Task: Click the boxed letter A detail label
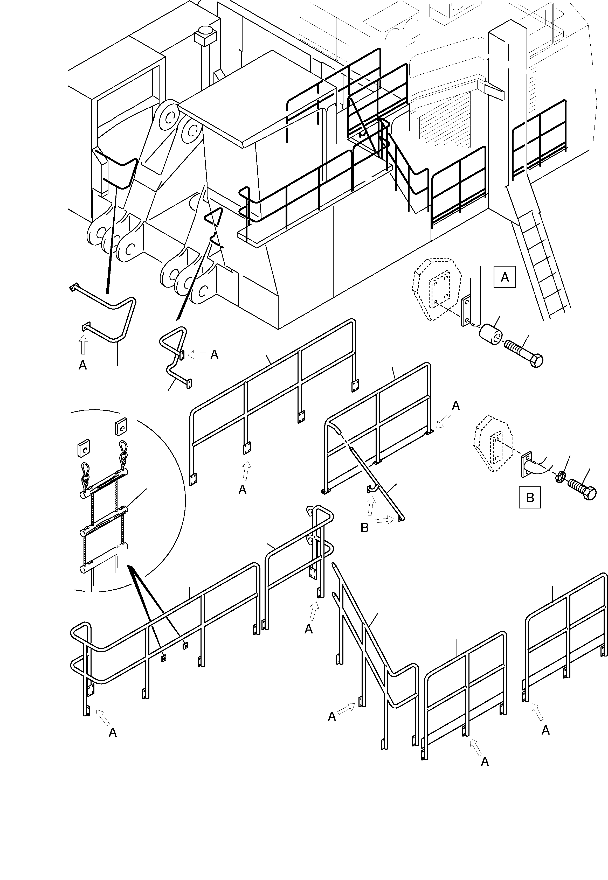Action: [505, 277]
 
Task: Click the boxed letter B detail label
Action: [529, 497]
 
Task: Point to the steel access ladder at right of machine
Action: [541, 259]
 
